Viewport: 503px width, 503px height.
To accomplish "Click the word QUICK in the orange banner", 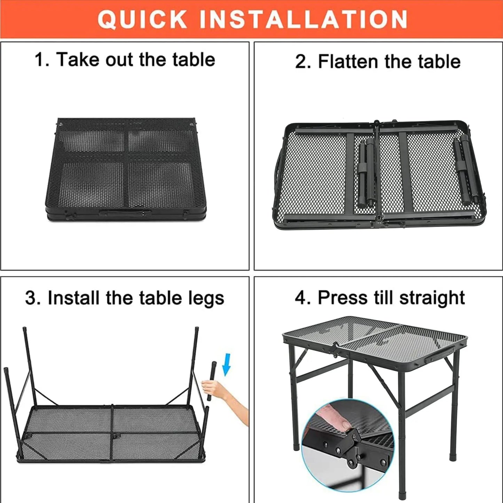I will point(142,19).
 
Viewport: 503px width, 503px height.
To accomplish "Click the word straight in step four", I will point(432,298).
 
